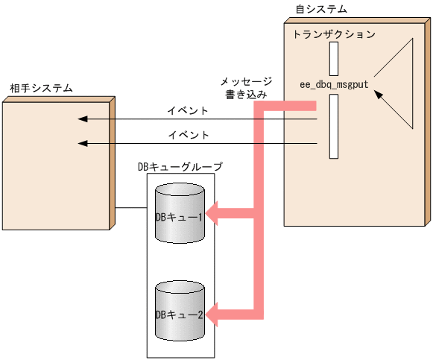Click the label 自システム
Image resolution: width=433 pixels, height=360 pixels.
pyautogui.click(x=321, y=9)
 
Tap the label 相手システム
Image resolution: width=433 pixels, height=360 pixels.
pyautogui.click(x=41, y=88)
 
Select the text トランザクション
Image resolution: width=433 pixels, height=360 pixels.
pyautogui.click(x=333, y=34)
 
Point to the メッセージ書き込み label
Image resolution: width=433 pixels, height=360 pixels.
pyautogui.click(x=246, y=88)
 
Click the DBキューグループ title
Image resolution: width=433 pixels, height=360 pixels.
pyautogui.click(x=180, y=166)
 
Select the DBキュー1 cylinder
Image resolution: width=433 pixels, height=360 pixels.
pyautogui.click(x=180, y=215)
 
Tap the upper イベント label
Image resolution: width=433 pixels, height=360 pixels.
pyautogui.click(x=189, y=111)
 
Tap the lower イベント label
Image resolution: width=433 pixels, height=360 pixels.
pyautogui.click(x=189, y=135)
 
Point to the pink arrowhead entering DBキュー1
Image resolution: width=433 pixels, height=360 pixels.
pyautogui.click(x=212, y=215)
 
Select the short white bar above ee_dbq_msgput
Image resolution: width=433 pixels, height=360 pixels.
pyautogui.click(x=333, y=58)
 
